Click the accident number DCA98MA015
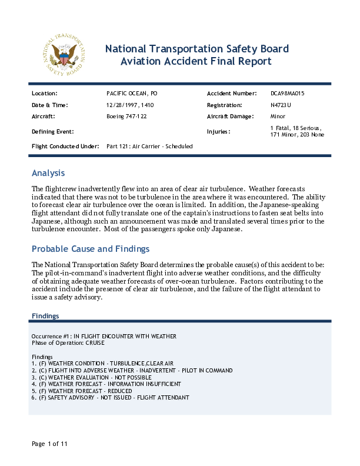point(287,94)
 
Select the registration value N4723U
point(281,105)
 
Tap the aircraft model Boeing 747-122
point(127,116)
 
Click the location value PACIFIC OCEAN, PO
point(132,94)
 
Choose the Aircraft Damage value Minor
point(278,116)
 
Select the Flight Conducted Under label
point(65,146)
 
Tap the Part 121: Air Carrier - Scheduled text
point(149,146)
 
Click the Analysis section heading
point(48,173)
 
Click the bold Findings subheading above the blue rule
point(45,316)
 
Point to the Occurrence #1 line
point(104,336)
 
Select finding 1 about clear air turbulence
point(102,364)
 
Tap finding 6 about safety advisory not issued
point(111,398)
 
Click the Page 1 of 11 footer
point(50,444)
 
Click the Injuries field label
point(218,132)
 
